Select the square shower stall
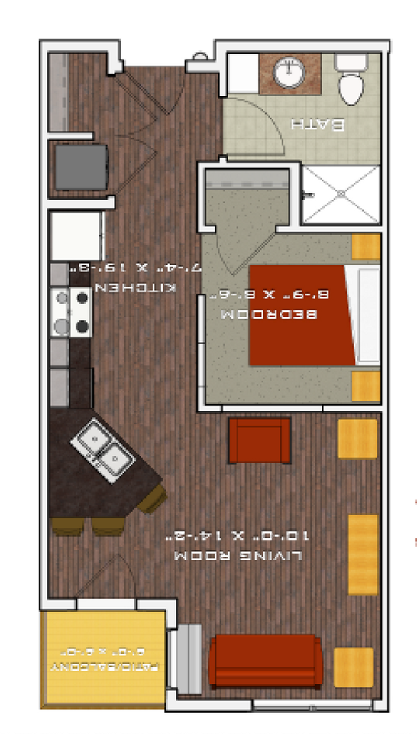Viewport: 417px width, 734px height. (x=341, y=195)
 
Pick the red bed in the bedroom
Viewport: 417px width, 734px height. (x=302, y=314)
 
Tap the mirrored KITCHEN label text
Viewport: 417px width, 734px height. (x=136, y=287)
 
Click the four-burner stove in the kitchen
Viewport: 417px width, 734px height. (x=71, y=312)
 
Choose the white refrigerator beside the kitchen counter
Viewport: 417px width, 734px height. (x=76, y=236)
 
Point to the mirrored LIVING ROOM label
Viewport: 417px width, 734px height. (x=238, y=556)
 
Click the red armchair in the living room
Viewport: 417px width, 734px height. (x=260, y=441)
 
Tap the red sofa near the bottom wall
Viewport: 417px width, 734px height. (x=265, y=661)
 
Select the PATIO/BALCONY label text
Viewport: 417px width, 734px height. (x=105, y=667)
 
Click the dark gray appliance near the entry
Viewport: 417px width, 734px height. (x=79, y=167)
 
